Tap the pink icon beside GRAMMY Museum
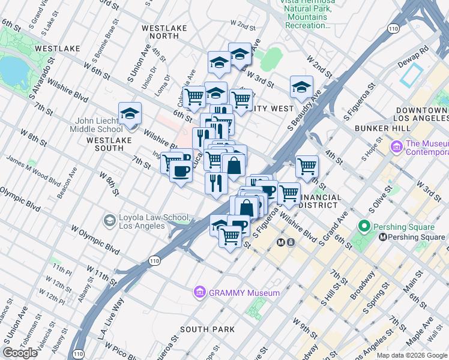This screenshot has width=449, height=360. pyautogui.click(x=199, y=293)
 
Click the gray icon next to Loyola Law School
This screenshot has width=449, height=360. pyautogui.click(x=109, y=221)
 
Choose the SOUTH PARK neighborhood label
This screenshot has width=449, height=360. pyautogui.click(x=207, y=329)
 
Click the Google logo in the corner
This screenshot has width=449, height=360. pyautogui.click(x=21, y=353)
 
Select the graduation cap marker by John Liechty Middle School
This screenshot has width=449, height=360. pyautogui.click(x=130, y=113)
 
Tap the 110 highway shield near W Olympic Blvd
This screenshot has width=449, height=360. pyautogui.click(x=154, y=260)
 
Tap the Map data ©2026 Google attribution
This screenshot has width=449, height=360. pyautogui.click(x=411, y=355)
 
